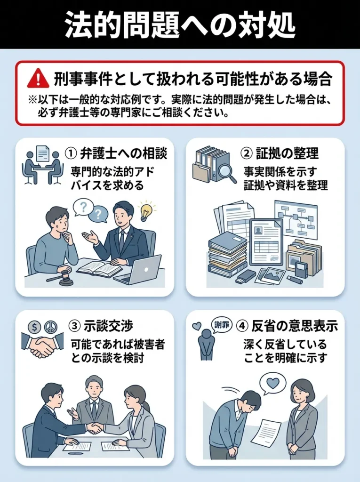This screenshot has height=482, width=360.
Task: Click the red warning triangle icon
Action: [38, 78]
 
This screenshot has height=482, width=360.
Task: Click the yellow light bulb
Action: [146, 211]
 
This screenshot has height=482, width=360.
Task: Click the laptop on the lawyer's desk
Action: [139, 270]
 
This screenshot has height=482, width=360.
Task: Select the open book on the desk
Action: [99, 269]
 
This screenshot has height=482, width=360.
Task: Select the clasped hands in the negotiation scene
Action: [95, 427]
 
